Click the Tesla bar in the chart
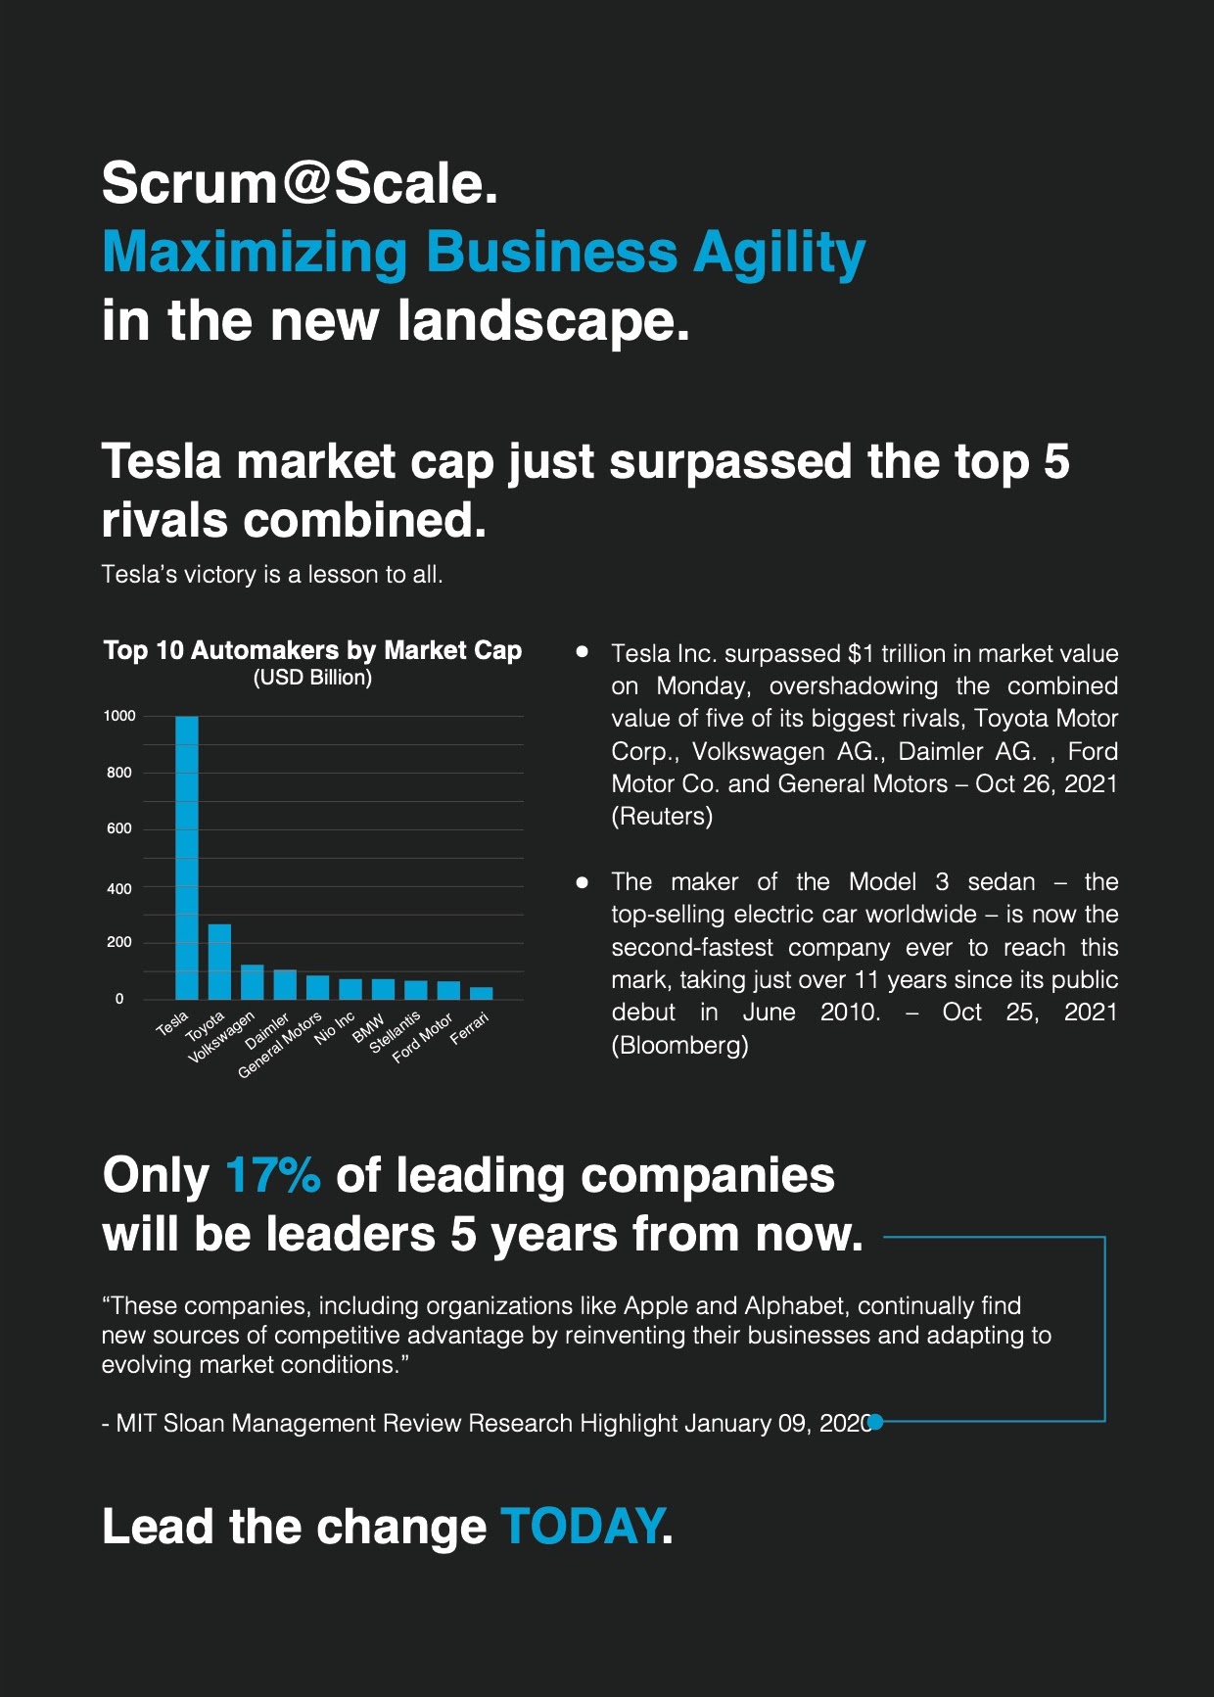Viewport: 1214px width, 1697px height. (x=186, y=857)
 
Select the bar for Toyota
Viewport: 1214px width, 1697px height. (x=219, y=961)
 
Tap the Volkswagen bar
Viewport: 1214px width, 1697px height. (x=253, y=981)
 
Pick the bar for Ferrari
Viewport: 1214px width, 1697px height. (x=482, y=993)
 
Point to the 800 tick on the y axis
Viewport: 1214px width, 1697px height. (x=119, y=773)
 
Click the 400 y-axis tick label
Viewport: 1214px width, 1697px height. (x=119, y=889)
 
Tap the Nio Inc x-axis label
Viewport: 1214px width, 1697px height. (x=334, y=1029)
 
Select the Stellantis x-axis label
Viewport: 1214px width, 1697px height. (x=395, y=1032)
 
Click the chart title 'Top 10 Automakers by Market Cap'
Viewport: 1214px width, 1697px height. (x=312, y=650)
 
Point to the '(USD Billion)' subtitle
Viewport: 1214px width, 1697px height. (x=312, y=678)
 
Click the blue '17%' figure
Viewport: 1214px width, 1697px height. (x=272, y=1175)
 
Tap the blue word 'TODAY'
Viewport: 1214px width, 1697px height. (x=582, y=1526)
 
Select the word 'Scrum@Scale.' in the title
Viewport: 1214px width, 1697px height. (x=300, y=183)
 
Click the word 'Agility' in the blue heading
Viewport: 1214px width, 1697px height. (x=779, y=253)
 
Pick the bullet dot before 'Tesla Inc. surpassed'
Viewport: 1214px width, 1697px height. (x=583, y=651)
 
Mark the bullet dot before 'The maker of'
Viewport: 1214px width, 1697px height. (x=583, y=882)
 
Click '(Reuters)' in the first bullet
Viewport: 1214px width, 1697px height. (x=662, y=817)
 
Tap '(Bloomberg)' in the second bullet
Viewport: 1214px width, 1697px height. (x=679, y=1046)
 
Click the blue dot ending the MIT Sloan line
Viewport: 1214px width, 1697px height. (x=876, y=1422)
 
